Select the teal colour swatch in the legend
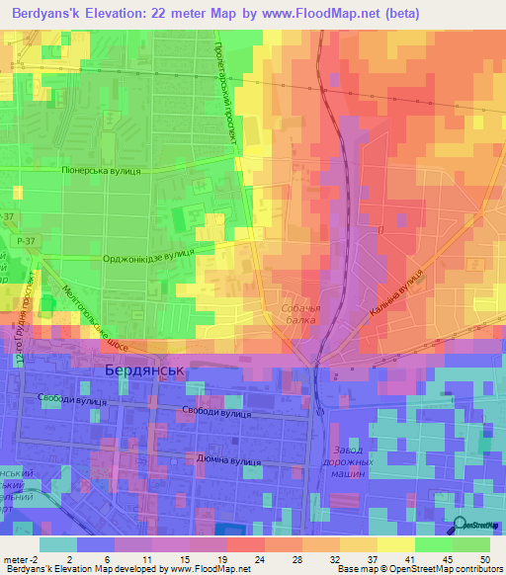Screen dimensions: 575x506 [x=58, y=544]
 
